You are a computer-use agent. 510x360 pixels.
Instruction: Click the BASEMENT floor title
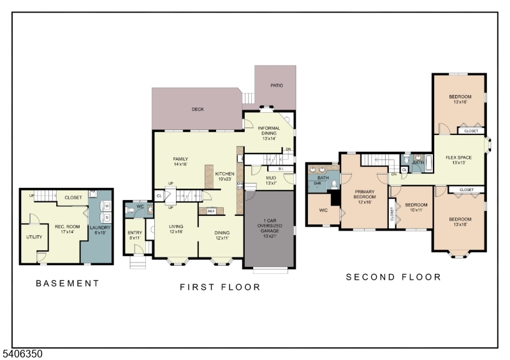pyautogui.click(x=67, y=284)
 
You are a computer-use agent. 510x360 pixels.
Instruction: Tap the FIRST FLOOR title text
pyautogui.click(x=220, y=287)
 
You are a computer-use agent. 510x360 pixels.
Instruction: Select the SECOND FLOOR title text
pyautogui.click(x=393, y=277)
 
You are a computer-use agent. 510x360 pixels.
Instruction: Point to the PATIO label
pyautogui.click(x=277, y=85)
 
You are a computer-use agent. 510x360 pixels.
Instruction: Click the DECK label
pyautogui.click(x=198, y=110)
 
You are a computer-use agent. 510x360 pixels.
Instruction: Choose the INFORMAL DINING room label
pyautogui.click(x=268, y=133)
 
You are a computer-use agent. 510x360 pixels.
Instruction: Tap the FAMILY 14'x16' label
pyautogui.click(x=180, y=162)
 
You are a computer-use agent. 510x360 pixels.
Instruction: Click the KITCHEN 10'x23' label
pyautogui.click(x=224, y=176)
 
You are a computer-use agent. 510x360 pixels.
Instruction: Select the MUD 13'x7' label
pyautogui.click(x=270, y=180)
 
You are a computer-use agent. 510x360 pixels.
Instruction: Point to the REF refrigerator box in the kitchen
pyautogui.click(x=210, y=211)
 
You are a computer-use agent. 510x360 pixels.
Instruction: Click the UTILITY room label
pyautogui.click(x=34, y=237)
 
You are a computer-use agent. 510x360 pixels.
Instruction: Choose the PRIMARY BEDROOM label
pyautogui.click(x=365, y=198)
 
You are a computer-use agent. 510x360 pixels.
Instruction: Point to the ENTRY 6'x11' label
pyautogui.click(x=135, y=234)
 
